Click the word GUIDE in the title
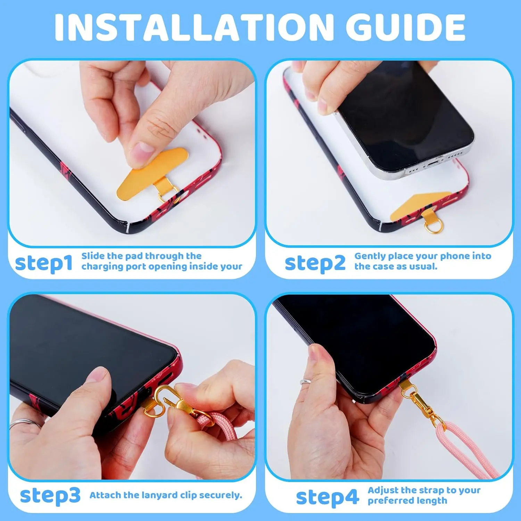pos(406,27)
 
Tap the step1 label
pos(44,263)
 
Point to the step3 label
pos(50,496)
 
